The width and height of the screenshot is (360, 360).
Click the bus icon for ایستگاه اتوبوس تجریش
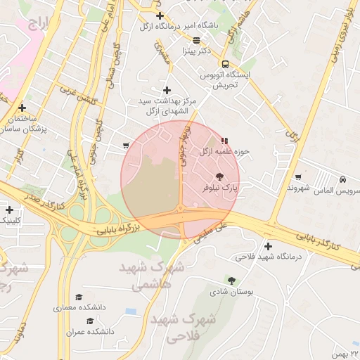(x=225, y=63)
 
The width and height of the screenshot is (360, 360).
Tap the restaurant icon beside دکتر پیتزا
(x=196, y=40)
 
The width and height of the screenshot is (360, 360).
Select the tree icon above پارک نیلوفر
(x=219, y=176)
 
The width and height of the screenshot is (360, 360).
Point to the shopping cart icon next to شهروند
(x=299, y=177)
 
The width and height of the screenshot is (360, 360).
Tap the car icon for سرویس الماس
(x=342, y=179)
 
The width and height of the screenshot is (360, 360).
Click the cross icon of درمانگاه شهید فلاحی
(x=268, y=245)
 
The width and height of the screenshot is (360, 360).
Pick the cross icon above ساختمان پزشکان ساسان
(x=23, y=108)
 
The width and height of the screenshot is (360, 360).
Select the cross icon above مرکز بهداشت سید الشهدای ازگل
(x=167, y=90)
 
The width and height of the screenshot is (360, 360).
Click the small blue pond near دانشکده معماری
(x=131, y=311)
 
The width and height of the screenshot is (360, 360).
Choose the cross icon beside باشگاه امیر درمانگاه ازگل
(x=160, y=15)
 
